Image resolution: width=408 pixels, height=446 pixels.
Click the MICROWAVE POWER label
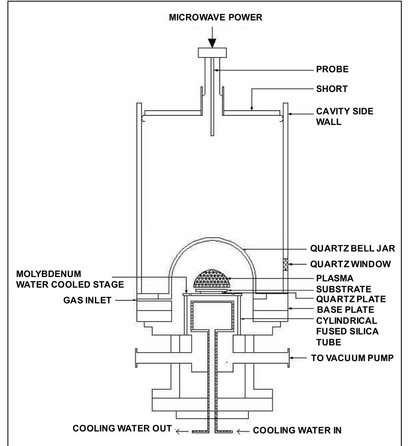(x=216, y=17)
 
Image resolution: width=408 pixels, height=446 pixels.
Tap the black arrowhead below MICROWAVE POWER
(x=212, y=43)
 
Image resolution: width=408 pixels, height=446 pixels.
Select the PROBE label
(x=332, y=70)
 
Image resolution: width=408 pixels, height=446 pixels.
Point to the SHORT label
(x=332, y=89)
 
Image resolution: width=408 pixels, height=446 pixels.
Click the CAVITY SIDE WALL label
(x=345, y=116)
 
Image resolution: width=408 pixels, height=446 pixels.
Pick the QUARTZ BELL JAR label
(x=353, y=248)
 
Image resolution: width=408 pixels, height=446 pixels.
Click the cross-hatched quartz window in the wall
(x=285, y=264)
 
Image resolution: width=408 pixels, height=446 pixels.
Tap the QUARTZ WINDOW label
(x=350, y=264)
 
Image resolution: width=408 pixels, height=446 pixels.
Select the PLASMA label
(x=335, y=278)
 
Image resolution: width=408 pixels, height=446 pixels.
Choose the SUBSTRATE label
(x=344, y=289)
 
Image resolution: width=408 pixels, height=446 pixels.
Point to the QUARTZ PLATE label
(x=351, y=299)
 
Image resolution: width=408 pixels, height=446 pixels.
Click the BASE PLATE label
(x=346, y=310)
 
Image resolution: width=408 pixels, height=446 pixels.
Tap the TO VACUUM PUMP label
(x=352, y=358)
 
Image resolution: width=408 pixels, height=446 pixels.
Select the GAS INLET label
(x=87, y=300)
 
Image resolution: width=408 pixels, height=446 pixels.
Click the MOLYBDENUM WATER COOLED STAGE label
(x=70, y=279)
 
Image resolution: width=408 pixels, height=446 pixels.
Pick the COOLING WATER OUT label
(x=122, y=428)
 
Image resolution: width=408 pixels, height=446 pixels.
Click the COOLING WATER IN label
(x=297, y=430)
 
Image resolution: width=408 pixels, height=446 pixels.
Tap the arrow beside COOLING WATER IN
(x=243, y=432)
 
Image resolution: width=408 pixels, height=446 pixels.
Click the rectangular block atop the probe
(x=212, y=53)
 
